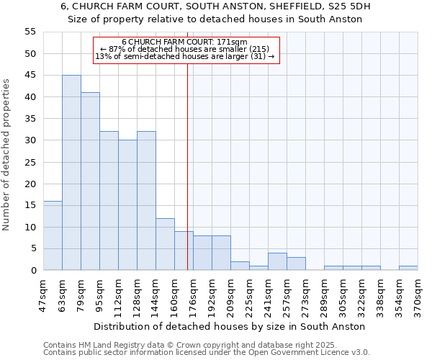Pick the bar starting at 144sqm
(165, 244)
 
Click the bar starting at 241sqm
(277, 262)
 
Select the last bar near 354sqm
(408, 268)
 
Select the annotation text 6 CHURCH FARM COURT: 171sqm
(184, 42)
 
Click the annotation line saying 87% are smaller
(184, 49)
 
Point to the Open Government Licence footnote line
(207, 353)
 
